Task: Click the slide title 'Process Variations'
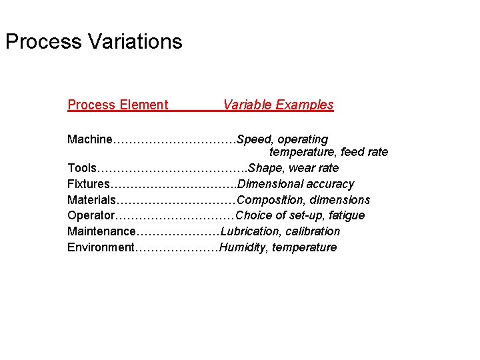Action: pyautogui.click(x=93, y=42)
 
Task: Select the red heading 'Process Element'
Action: pyautogui.click(x=117, y=105)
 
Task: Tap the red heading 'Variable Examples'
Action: pyautogui.click(x=278, y=105)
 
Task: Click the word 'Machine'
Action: pyautogui.click(x=90, y=139)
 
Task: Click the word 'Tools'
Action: pyautogui.click(x=82, y=168)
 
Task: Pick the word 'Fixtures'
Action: pyautogui.click(x=89, y=184)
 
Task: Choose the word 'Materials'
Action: pyautogui.click(x=92, y=200)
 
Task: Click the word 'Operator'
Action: pyautogui.click(x=91, y=215)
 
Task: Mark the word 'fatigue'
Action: pyautogui.click(x=347, y=215)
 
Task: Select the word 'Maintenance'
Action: pyautogui.click(x=101, y=231)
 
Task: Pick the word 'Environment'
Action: pyautogui.click(x=101, y=247)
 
